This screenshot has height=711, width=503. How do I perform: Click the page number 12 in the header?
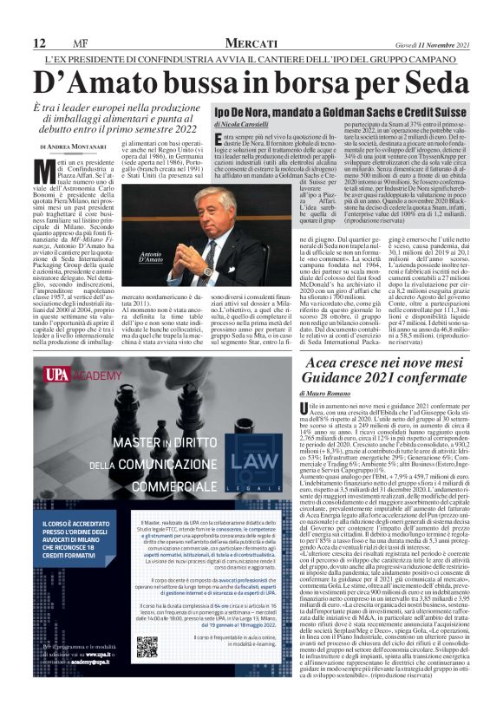pos(39,43)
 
